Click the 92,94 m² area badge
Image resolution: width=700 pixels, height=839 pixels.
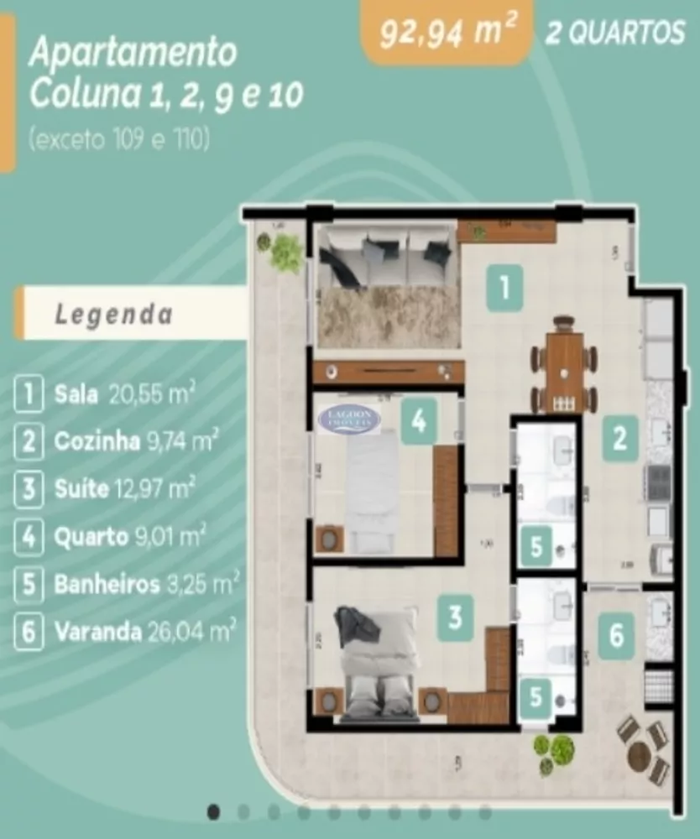(447, 33)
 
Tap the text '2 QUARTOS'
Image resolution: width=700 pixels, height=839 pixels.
(616, 34)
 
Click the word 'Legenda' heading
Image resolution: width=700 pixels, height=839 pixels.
(114, 315)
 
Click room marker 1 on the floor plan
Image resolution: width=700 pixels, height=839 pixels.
(504, 289)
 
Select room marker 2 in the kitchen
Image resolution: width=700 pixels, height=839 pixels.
(619, 439)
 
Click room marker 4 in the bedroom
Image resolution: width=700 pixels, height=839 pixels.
(419, 419)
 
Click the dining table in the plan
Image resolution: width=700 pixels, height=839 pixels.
(564, 366)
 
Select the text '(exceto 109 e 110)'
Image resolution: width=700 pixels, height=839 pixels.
(118, 139)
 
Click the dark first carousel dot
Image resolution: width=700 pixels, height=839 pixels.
(214, 811)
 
